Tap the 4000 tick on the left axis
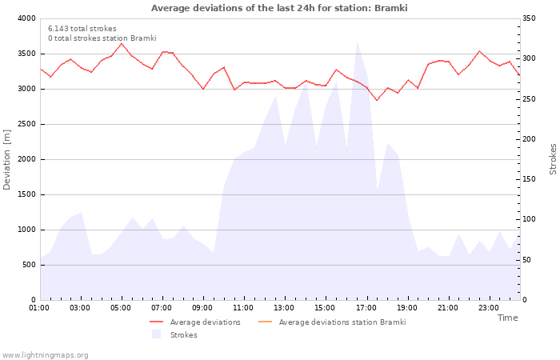tap(25, 18)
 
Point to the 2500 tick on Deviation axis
tap(25, 124)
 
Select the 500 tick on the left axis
tap(28, 265)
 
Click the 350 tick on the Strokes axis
tap(530, 18)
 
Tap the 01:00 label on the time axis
tap(39, 307)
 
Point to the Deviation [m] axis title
tap(7, 159)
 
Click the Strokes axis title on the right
tap(553, 159)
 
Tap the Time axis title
tap(507, 318)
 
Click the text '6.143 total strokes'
tap(82, 29)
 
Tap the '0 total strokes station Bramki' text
tap(102, 38)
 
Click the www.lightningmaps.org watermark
tap(45, 354)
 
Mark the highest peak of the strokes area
tap(357, 42)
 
